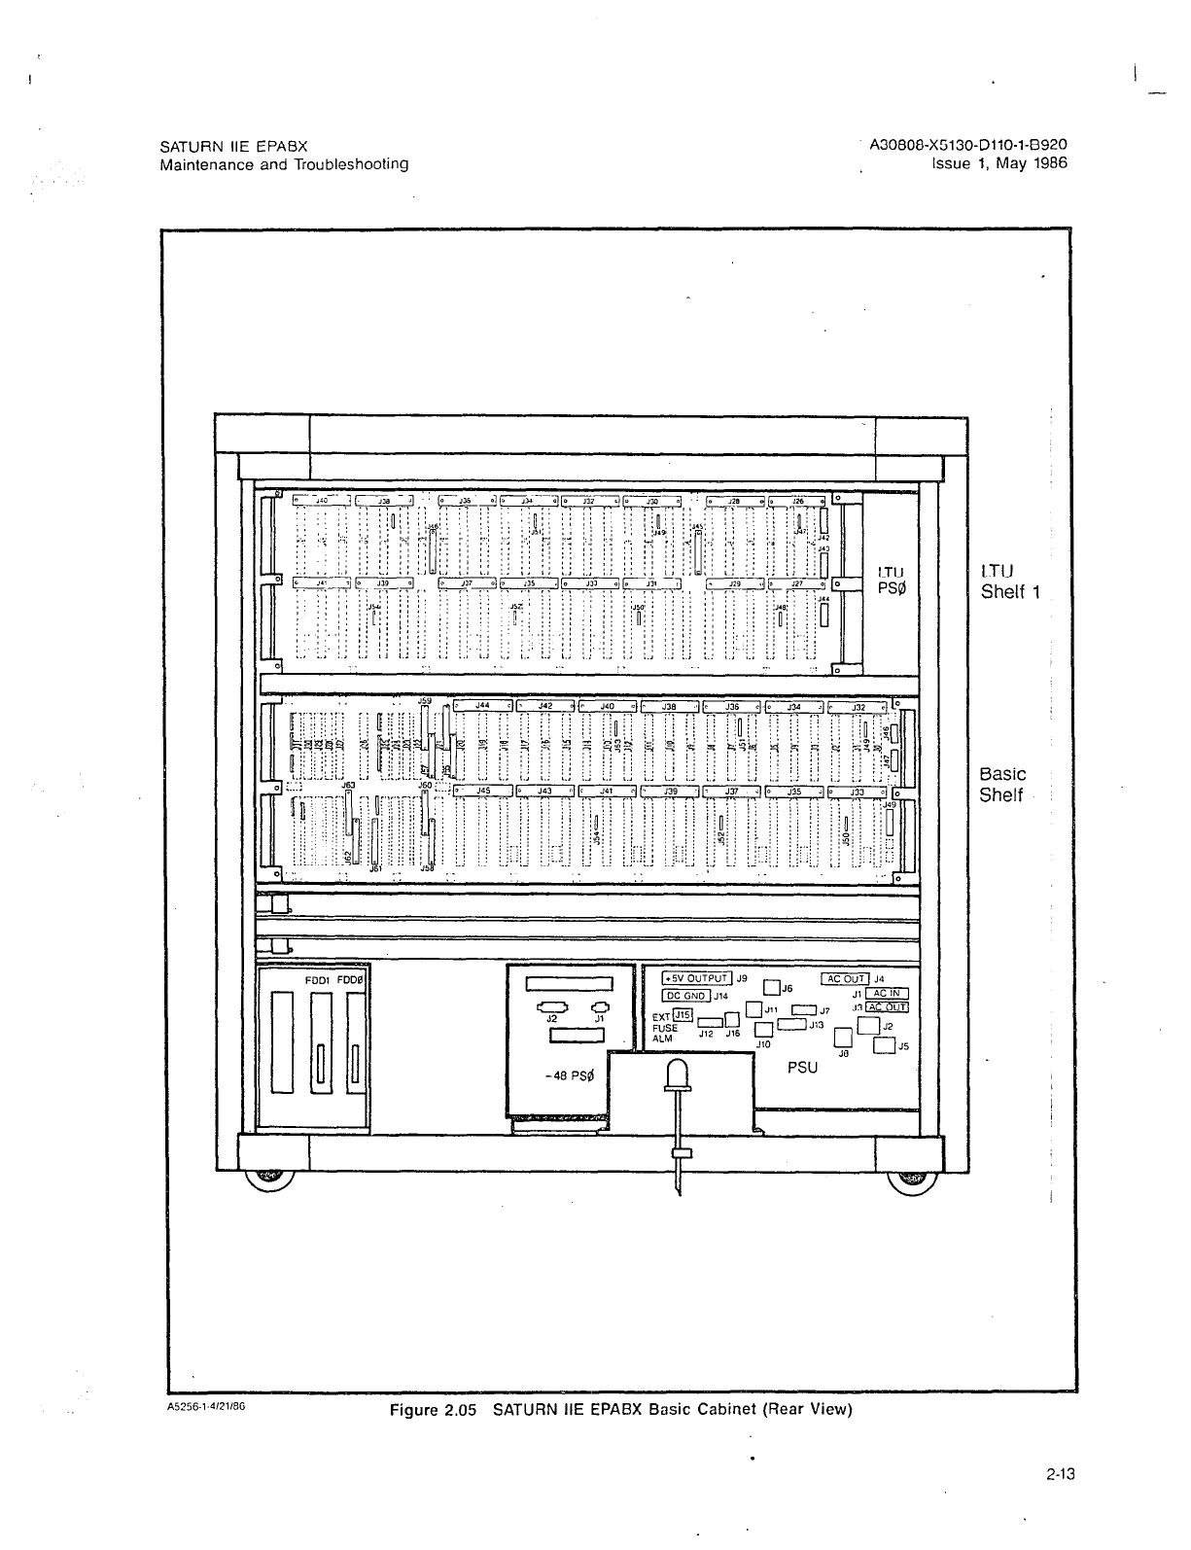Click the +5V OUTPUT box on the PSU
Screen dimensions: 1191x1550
(x=696, y=978)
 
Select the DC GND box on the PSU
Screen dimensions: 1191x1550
(x=686, y=995)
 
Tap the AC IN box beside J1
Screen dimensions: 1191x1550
(x=887, y=994)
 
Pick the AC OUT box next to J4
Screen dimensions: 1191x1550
(x=845, y=978)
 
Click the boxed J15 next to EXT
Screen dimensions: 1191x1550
(x=683, y=1015)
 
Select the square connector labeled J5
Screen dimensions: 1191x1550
(x=884, y=1046)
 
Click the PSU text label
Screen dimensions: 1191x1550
(x=803, y=1067)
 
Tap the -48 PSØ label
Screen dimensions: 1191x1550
(x=569, y=1076)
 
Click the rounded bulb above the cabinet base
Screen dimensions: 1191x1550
(x=679, y=1075)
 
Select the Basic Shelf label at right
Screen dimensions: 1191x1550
(x=1002, y=785)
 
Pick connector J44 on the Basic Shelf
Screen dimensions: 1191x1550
(x=482, y=706)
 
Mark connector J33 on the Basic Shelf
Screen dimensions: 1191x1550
(x=857, y=792)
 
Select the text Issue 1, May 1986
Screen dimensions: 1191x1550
(x=999, y=163)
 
